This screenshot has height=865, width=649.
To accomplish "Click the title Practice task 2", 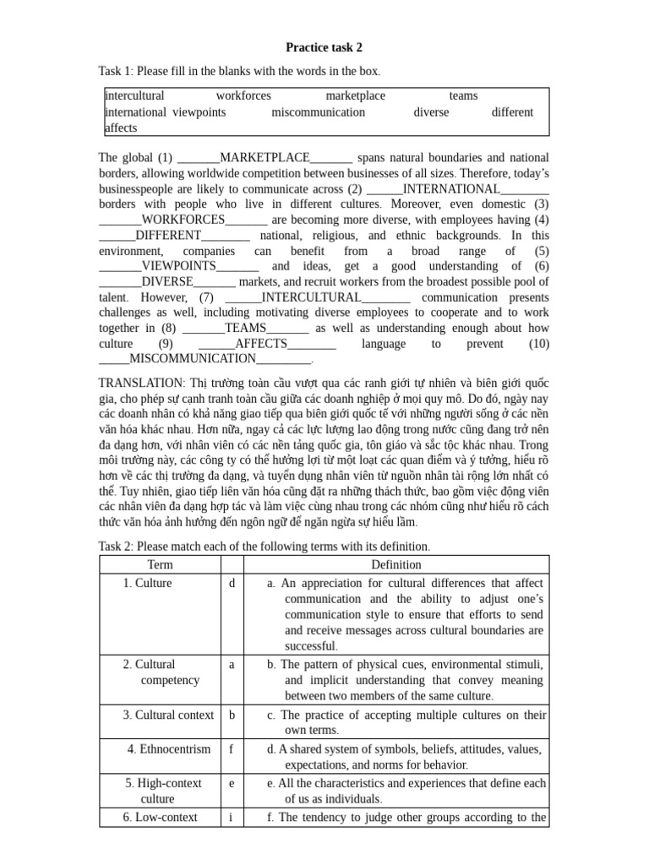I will [324, 48].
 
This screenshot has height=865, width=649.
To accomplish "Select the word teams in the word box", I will [463, 96].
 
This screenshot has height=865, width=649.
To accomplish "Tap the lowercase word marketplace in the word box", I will [355, 96].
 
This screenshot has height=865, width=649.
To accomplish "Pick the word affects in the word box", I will [121, 128].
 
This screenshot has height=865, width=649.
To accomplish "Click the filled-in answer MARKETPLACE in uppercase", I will [265, 158].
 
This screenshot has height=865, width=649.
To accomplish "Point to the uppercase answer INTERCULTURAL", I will [312, 297].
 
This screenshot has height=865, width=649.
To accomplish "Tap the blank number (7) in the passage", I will [206, 297].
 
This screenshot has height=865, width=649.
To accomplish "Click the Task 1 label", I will [116, 71].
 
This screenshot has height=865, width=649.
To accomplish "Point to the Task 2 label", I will [116, 547].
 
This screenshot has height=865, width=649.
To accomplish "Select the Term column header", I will [160, 564].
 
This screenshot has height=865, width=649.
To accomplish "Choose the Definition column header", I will [396, 564].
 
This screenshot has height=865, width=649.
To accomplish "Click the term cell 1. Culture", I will [147, 583].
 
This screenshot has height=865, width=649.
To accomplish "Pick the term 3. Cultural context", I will [168, 715].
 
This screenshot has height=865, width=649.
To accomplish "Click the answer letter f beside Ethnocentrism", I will [231, 748].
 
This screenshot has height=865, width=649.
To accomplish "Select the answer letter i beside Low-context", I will [231, 817].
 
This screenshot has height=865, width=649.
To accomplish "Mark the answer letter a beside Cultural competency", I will [231, 664].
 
